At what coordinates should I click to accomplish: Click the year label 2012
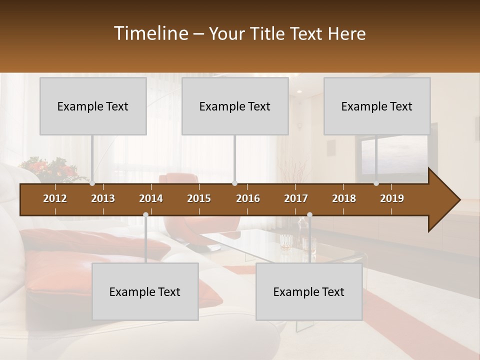tap(55, 198)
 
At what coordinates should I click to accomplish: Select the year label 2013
tap(103, 198)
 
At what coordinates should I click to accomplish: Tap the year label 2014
tap(151, 198)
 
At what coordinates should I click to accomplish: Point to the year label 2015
tap(199, 198)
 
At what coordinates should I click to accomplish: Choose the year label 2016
tap(248, 198)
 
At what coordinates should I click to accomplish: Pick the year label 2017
tap(296, 198)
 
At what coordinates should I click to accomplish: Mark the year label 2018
tap(344, 198)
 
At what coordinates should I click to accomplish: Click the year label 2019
tap(392, 198)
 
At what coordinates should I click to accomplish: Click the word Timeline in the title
tap(150, 33)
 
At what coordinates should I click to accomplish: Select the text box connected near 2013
tap(93, 106)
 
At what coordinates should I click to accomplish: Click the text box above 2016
tap(235, 106)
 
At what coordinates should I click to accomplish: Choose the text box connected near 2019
tap(377, 106)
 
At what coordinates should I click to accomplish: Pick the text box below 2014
tap(145, 291)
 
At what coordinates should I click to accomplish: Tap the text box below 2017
tap(309, 291)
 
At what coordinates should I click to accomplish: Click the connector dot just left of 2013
tap(92, 183)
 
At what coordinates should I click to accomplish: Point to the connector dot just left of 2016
tap(235, 183)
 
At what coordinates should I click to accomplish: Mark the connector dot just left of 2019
tap(376, 183)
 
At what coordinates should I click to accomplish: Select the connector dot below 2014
tap(145, 215)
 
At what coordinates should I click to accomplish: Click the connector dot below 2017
tap(309, 215)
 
